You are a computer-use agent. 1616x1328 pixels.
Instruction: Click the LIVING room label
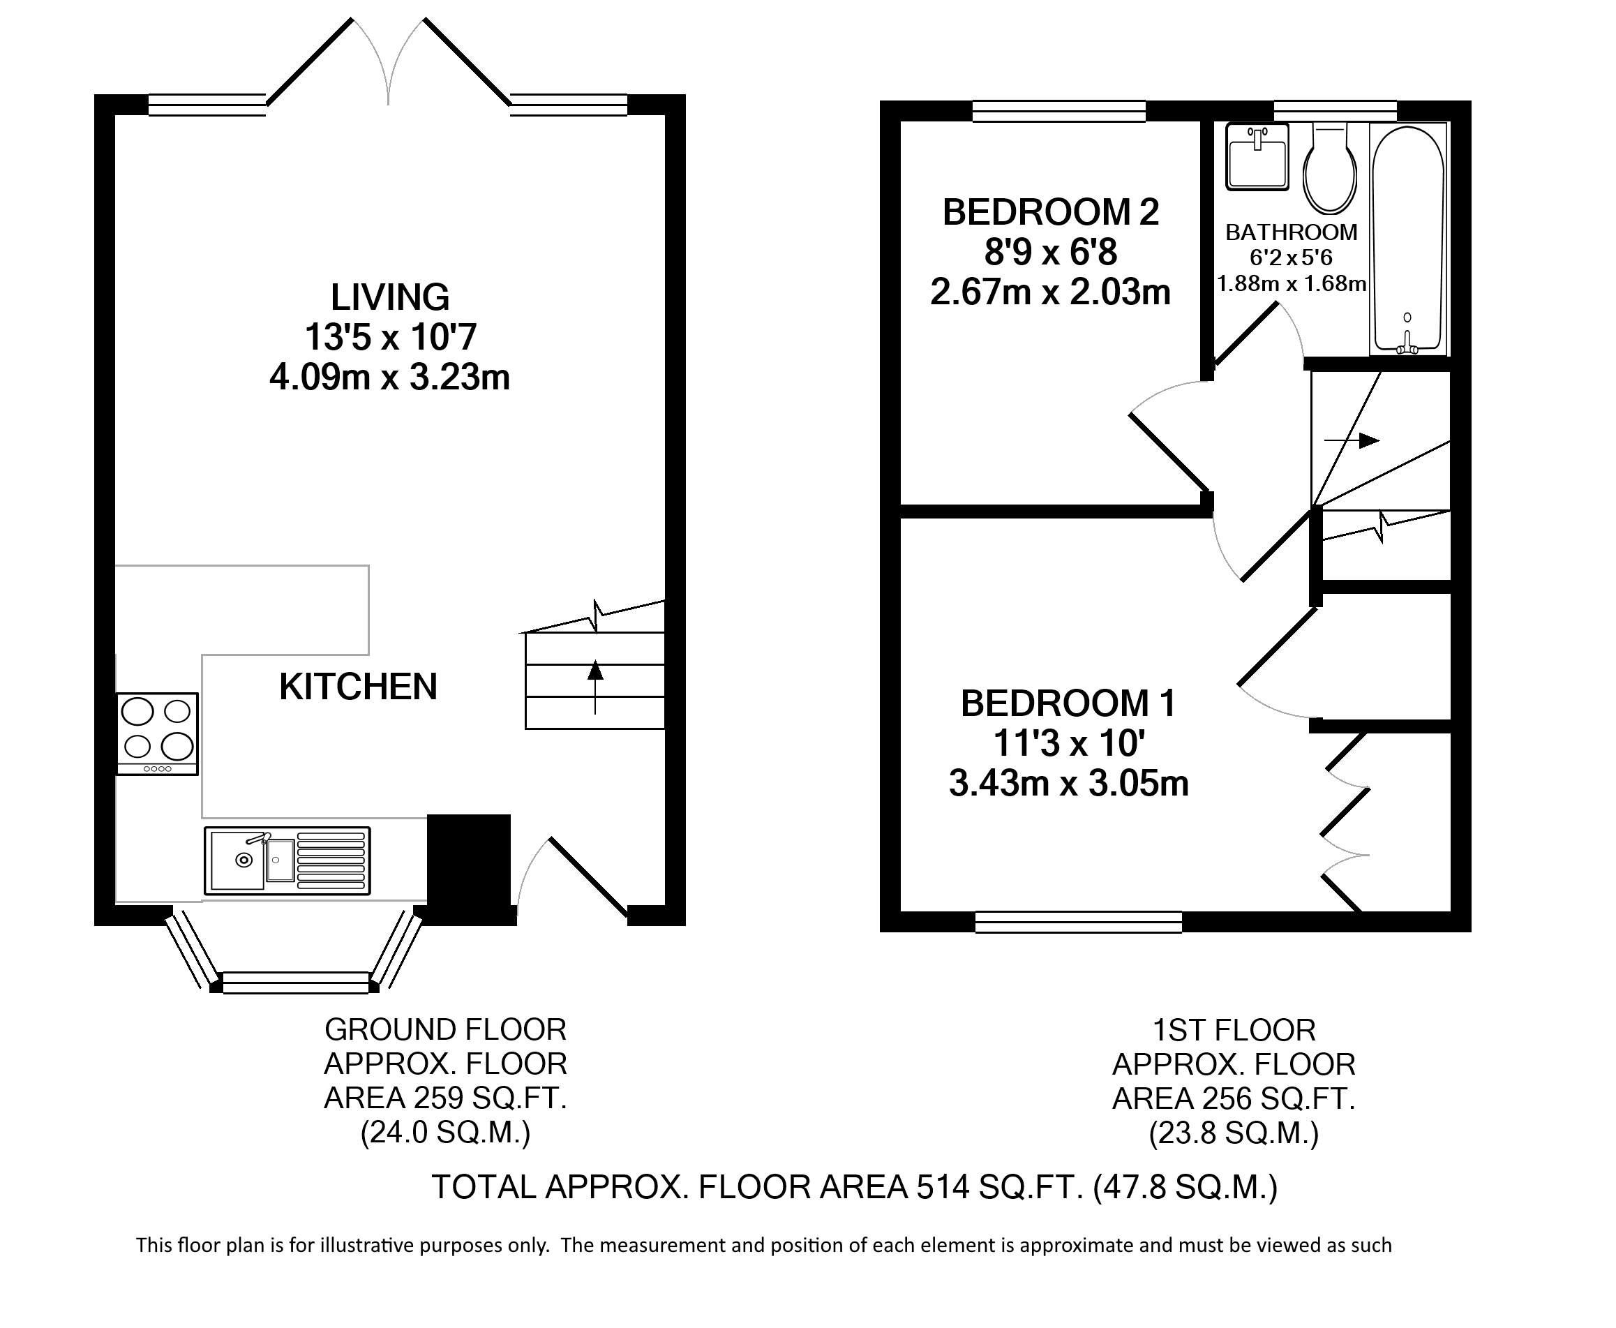[390, 297]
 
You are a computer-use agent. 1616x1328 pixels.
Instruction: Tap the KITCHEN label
[358, 686]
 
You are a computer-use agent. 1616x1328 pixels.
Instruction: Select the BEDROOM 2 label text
[1051, 212]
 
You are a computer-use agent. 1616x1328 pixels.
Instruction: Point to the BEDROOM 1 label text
[1068, 703]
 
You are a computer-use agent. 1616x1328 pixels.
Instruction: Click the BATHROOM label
[1291, 232]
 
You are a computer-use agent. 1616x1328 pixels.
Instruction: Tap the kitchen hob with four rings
[158, 733]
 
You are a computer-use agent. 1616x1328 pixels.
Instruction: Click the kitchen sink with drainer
[287, 860]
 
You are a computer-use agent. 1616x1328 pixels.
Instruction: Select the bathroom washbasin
[1257, 157]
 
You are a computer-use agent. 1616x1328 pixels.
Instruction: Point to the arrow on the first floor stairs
[1352, 440]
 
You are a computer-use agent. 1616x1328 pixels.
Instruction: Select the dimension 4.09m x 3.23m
[389, 377]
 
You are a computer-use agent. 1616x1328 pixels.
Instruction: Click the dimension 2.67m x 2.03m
[1050, 292]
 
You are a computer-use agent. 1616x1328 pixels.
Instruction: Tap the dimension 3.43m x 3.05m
[1068, 784]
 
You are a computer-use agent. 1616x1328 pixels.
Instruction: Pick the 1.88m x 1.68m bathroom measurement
[1291, 284]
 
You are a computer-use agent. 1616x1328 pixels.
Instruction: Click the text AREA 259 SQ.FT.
[445, 1098]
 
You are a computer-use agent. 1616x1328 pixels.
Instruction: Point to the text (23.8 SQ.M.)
[1234, 1133]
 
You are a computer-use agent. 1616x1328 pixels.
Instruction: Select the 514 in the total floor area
[938, 1186]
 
